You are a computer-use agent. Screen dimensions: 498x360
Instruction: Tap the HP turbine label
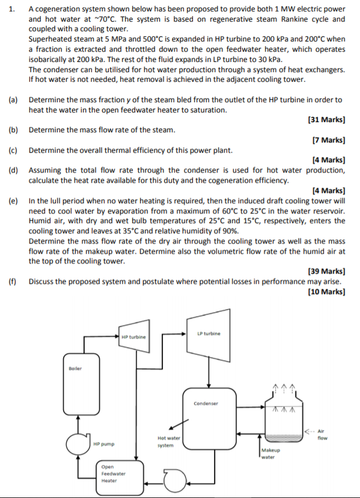(133, 337)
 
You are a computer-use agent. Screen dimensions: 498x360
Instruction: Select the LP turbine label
(209, 333)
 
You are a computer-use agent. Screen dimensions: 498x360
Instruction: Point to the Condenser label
(206, 404)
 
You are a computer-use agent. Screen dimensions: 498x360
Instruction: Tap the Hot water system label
(165, 442)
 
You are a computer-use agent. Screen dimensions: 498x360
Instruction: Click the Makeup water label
(269, 454)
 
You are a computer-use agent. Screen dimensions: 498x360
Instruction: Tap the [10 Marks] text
(326, 292)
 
